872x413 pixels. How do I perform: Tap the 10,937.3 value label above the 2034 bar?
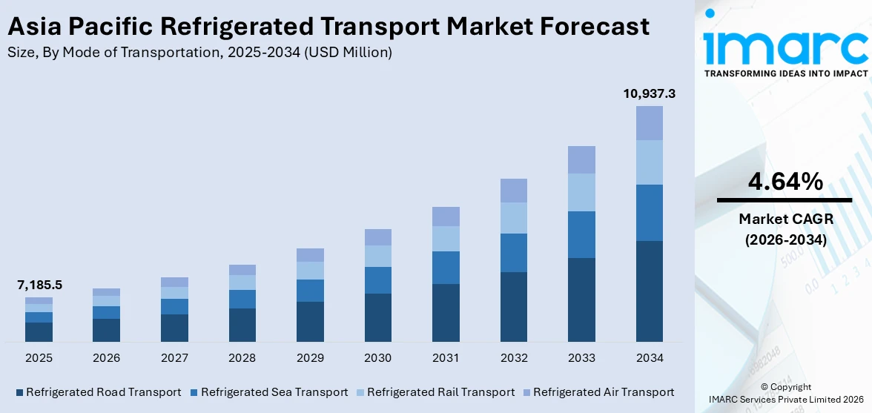click(x=649, y=93)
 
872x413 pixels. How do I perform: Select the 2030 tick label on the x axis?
click(x=377, y=358)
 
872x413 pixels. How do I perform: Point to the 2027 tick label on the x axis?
click(x=174, y=358)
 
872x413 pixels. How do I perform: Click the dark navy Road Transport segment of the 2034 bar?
click(x=649, y=291)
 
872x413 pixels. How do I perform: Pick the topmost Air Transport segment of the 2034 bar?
click(x=649, y=123)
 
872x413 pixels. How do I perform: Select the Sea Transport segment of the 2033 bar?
click(x=581, y=234)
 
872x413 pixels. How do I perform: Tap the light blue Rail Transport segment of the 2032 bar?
click(x=513, y=218)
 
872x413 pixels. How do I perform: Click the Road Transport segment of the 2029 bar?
click(x=310, y=321)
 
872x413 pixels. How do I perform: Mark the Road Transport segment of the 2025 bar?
click(x=39, y=332)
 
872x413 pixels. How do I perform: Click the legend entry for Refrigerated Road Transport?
click(x=98, y=391)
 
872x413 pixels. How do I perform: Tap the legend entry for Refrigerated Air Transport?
click(x=598, y=391)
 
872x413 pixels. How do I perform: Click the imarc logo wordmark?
click(x=785, y=46)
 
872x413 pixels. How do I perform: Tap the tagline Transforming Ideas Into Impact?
click(x=785, y=73)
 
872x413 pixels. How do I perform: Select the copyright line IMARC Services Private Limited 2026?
click(x=785, y=400)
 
